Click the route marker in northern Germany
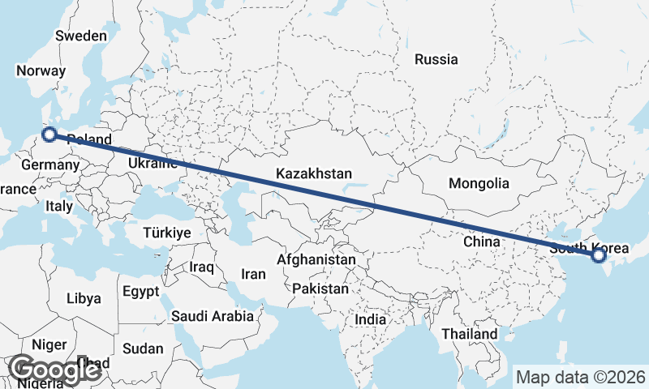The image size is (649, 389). pyautogui.click(x=49, y=135)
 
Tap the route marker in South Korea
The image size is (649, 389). pyautogui.click(x=599, y=256)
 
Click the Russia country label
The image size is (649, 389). pyautogui.click(x=436, y=59)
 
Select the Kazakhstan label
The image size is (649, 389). pyautogui.click(x=313, y=173)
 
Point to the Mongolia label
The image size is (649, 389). pyautogui.click(x=479, y=183)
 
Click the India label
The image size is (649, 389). pyautogui.click(x=371, y=319)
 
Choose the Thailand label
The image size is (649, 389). pyautogui.click(x=469, y=334)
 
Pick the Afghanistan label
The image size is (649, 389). pyautogui.click(x=316, y=260)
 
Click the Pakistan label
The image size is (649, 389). pyautogui.click(x=320, y=289)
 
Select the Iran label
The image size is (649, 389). pyautogui.click(x=252, y=274)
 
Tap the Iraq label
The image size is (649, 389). pyautogui.click(x=200, y=267)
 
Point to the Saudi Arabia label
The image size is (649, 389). pyautogui.click(x=212, y=316)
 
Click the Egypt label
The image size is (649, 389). pyautogui.click(x=142, y=290)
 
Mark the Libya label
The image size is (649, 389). pyautogui.click(x=84, y=297)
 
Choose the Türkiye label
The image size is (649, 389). pyautogui.click(x=166, y=233)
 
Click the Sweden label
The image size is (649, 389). pyautogui.click(x=80, y=36)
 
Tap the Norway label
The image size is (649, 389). pyautogui.click(x=40, y=71)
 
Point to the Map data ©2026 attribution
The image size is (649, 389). pyautogui.click(x=581, y=377)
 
